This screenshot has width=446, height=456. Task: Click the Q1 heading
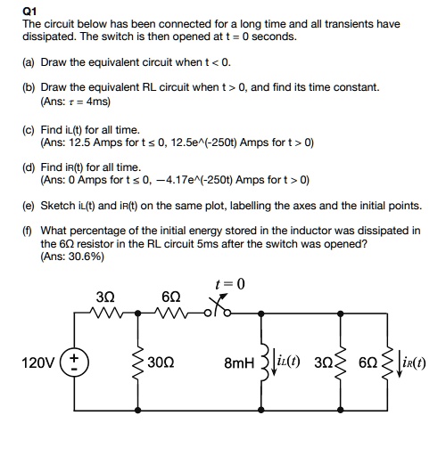coord(29,12)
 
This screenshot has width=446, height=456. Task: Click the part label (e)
coord(29,205)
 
